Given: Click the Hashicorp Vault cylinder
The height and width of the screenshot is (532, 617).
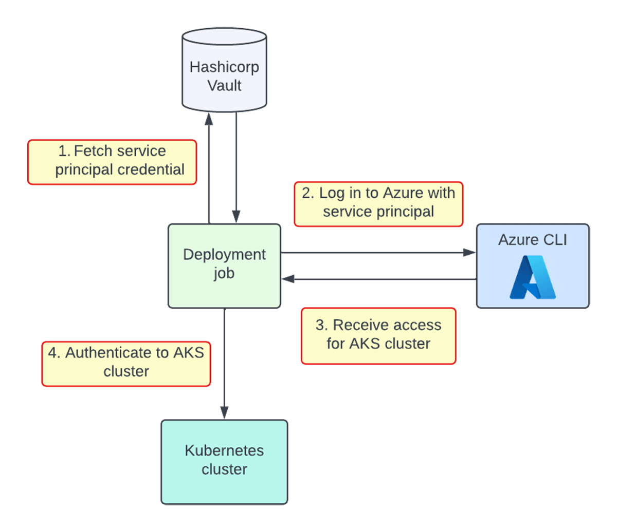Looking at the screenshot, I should coord(224,72).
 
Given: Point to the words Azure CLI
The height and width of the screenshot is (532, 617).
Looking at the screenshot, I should coord(532,240).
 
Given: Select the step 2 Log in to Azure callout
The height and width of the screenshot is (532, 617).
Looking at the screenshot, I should coord(378,204).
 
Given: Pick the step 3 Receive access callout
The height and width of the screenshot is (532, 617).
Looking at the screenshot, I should coord(378,336).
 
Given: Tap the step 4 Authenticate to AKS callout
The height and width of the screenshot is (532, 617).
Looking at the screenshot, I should coord(126,363).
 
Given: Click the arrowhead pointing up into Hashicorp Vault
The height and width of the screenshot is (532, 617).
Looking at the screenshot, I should coord(209,120).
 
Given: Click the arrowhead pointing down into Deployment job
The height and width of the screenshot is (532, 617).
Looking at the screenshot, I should coord(236,217).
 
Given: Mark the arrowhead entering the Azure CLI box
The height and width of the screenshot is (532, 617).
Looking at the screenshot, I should coord(469,252).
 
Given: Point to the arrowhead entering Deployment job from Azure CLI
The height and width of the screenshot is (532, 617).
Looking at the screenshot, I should coord(288,279).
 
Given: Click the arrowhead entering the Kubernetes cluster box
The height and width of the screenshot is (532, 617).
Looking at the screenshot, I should coord(224,412).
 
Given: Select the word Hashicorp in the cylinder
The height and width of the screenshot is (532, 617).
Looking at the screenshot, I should coord(224,67).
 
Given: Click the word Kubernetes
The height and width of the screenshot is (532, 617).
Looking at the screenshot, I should coord(224,450).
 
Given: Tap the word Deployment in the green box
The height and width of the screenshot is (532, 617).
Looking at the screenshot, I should coord(224,254).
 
